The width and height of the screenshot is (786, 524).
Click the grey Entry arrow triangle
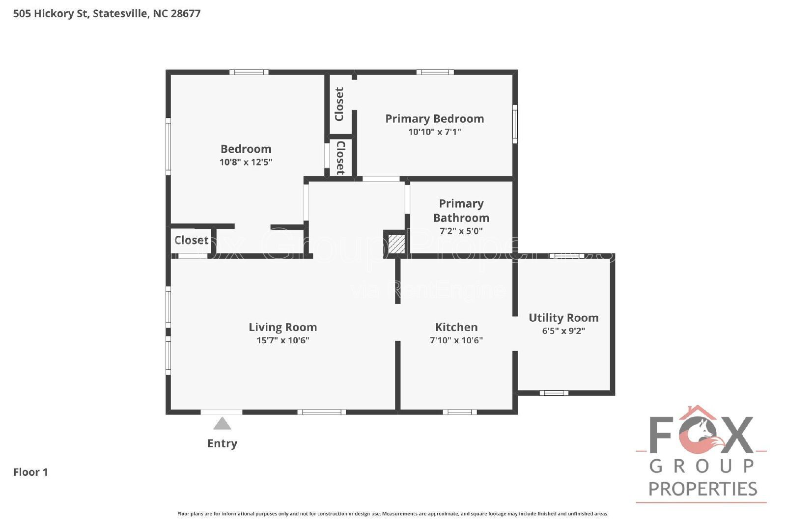click(222, 424)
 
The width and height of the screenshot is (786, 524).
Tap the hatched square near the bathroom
click(396, 244)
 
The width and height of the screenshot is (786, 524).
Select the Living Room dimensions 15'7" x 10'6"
click(282, 340)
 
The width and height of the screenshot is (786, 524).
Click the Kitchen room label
click(456, 327)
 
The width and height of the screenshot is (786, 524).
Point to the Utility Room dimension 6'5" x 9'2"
click(563, 331)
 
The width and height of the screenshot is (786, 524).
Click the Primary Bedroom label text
click(434, 119)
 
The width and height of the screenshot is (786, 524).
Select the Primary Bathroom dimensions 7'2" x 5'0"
click(461, 231)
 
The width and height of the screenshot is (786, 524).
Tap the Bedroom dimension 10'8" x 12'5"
click(246, 162)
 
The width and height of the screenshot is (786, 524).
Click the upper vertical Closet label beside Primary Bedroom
click(339, 104)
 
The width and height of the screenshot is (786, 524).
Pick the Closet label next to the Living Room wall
click(191, 240)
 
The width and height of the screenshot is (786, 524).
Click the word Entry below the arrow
click(222, 443)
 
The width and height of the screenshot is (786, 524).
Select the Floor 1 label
click(30, 472)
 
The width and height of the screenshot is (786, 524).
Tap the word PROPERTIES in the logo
click(702, 489)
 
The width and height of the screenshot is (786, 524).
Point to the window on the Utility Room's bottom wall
click(554, 393)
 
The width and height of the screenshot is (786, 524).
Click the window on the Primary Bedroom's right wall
click(515, 124)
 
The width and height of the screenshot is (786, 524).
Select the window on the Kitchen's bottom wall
click(459, 412)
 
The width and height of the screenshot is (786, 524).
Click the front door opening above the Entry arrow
click(222, 412)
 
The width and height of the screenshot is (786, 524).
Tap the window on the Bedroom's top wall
click(249, 72)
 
